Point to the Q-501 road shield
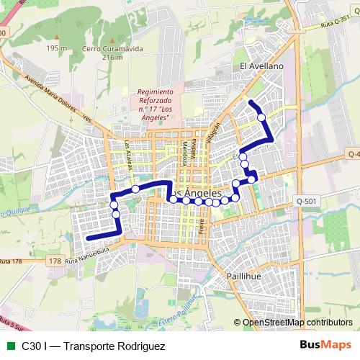click(x=306, y=201)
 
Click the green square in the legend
click(x=10, y=346)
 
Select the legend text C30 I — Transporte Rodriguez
click(x=94, y=346)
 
